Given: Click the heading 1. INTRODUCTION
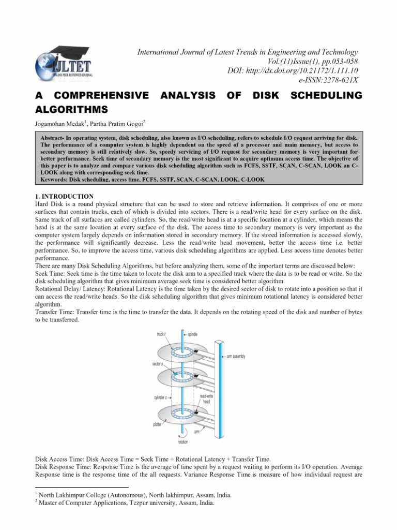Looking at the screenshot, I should click(64, 196).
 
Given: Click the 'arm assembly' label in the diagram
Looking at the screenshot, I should click(235, 357).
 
